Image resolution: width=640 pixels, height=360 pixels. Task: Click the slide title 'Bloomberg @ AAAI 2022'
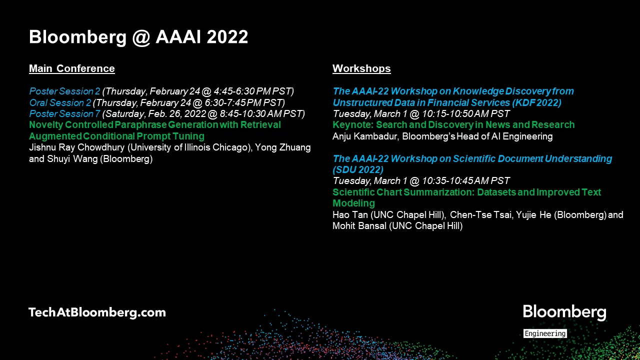point(138,37)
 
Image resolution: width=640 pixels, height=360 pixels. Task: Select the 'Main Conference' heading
point(72,68)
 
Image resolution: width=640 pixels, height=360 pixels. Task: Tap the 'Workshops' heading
point(361,68)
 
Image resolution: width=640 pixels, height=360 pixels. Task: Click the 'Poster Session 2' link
point(64,91)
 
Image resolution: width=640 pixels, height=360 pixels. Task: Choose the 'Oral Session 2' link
point(60,103)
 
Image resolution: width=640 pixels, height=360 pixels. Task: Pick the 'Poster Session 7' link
point(64,114)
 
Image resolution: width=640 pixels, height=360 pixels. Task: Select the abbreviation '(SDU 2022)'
point(358,170)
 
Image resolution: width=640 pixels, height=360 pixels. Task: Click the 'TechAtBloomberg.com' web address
point(97,312)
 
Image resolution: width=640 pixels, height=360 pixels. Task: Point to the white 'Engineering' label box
point(545,333)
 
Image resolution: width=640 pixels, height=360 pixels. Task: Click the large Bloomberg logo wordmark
point(564,312)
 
